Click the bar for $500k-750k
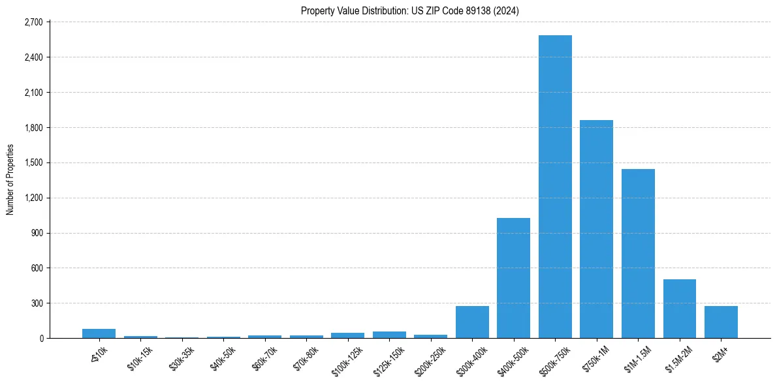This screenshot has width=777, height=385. (555, 187)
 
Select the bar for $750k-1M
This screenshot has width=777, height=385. (596, 229)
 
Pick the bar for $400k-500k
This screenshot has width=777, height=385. (513, 278)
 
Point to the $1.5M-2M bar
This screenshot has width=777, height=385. (679, 309)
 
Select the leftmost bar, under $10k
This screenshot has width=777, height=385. (99, 333)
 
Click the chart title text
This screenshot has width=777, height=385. (410, 10)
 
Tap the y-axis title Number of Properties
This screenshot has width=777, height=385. (10, 179)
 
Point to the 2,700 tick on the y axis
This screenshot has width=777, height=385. (33, 22)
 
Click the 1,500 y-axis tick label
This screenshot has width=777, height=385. (33, 162)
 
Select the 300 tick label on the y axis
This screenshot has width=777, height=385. (37, 303)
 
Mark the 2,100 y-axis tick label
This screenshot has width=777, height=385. (33, 93)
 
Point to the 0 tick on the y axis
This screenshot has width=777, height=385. (40, 338)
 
